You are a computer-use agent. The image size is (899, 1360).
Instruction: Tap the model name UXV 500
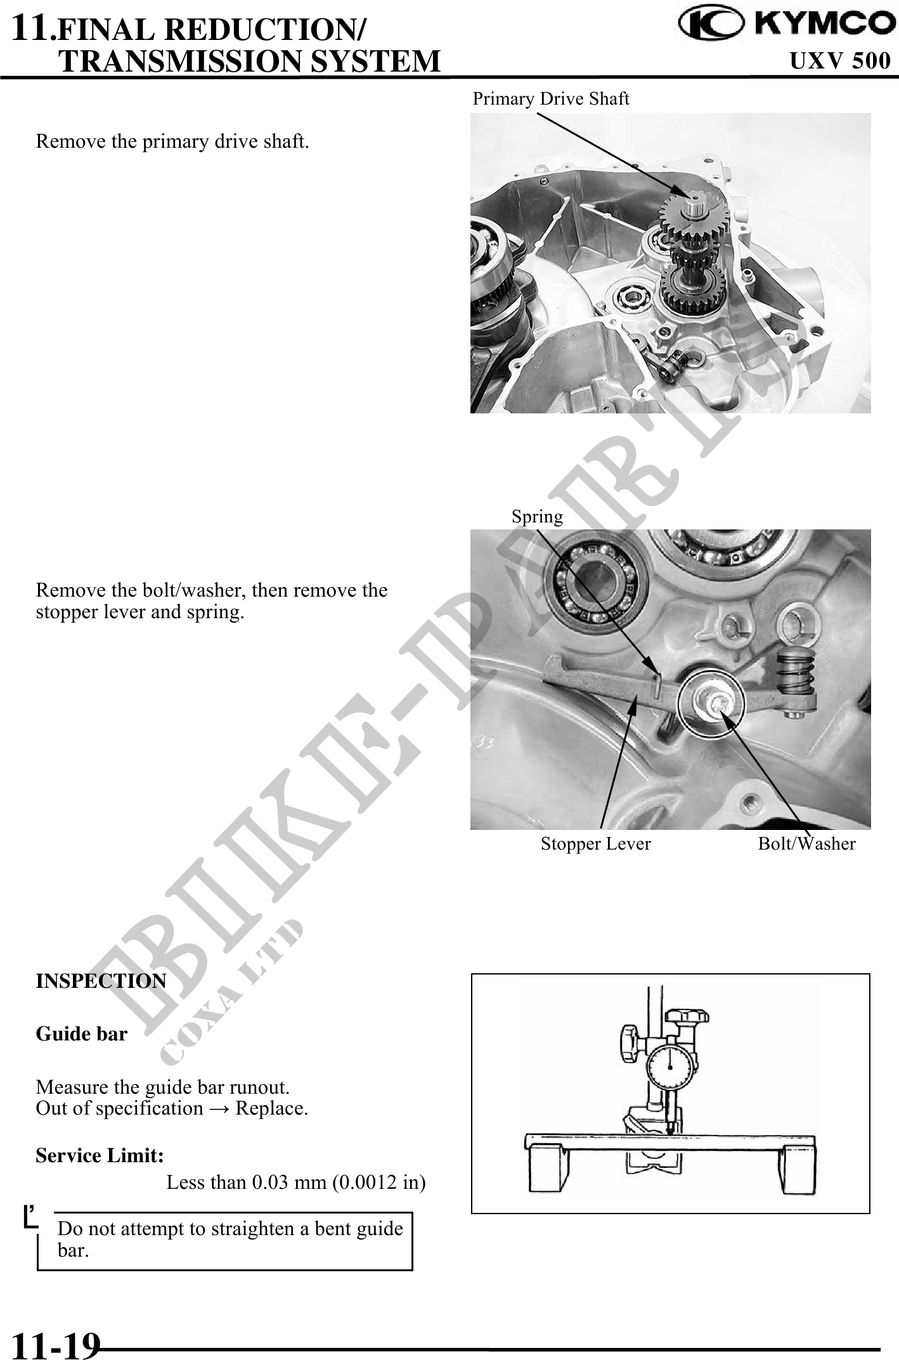tap(840, 61)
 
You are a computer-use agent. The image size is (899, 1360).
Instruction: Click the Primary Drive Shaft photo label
tap(551, 99)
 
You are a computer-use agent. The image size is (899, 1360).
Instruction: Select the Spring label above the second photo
tap(537, 517)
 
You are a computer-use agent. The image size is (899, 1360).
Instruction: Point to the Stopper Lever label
tap(595, 844)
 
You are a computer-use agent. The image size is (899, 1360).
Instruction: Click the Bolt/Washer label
tap(806, 844)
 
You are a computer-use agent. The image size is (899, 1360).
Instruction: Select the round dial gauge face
tap(670, 1068)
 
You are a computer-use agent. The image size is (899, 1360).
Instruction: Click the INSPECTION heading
tap(101, 981)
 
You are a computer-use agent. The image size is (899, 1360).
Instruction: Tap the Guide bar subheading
tap(81, 1034)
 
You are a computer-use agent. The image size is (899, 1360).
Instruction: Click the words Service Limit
tap(100, 1156)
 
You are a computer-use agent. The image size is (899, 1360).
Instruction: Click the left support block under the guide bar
tap(547, 1169)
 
